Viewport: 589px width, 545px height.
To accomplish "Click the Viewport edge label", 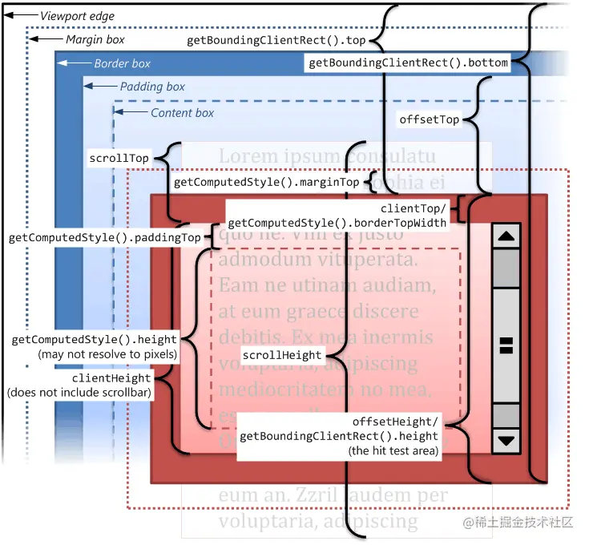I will (77, 16).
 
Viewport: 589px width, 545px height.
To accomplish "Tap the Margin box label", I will (95, 39).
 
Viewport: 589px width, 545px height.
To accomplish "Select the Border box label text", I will (122, 63).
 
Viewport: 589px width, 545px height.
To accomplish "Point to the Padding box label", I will (152, 87).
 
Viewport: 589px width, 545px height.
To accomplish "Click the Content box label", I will (182, 113).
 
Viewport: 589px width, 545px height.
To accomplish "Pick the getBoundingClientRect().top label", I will (276, 39).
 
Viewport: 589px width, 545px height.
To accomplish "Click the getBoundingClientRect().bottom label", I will (408, 63).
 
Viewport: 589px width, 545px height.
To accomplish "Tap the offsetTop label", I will (430, 119).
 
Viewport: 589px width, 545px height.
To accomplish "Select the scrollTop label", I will (119, 158).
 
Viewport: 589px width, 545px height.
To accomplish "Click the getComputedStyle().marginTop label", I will (266, 182).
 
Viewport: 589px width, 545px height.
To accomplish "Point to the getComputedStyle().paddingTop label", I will (104, 238).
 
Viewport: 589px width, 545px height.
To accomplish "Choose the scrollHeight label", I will (282, 354).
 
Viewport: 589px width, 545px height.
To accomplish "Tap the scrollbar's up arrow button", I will (506, 236).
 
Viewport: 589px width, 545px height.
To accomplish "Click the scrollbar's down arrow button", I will (506, 439).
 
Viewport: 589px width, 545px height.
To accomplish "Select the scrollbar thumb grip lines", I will (506, 345).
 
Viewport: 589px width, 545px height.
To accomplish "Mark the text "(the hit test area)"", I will (393, 451).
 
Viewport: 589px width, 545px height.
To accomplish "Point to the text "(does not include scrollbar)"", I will (79, 393).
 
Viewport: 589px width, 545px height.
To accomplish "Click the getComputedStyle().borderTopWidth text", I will (337, 223).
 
